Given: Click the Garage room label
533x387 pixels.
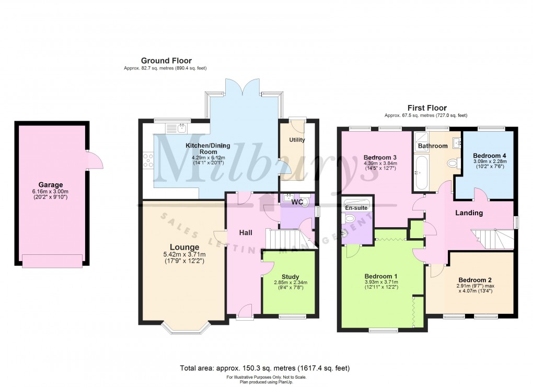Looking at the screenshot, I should click(50, 184).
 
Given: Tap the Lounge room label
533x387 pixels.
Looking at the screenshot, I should click(183, 247).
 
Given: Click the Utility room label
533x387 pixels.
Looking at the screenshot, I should click(297, 140).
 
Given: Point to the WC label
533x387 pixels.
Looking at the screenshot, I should click(297, 202).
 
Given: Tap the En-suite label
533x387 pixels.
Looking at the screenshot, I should click(356, 208).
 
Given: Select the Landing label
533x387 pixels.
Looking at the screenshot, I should click(469, 213).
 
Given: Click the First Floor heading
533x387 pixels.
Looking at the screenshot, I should click(425, 108).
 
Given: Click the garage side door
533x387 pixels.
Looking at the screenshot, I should click(94, 159).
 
